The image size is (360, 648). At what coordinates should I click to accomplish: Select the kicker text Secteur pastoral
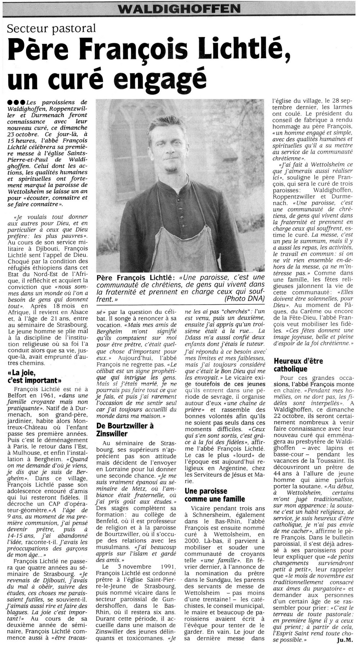53,28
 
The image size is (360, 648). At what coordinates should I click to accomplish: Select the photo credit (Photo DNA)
244,299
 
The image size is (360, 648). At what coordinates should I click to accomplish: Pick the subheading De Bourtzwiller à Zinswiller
125,430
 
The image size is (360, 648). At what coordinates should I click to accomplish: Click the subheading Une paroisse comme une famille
215,495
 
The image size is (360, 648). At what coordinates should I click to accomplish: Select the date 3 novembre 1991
140,567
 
